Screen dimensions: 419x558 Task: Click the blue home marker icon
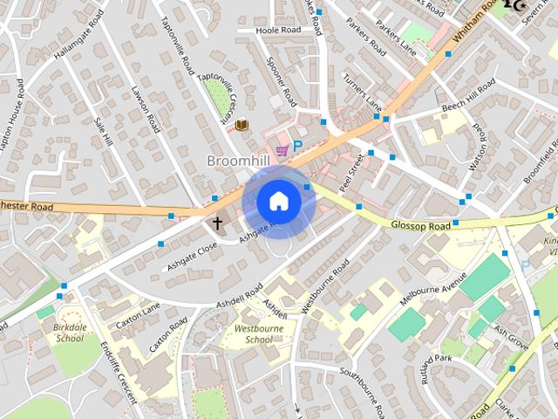[x=278, y=202]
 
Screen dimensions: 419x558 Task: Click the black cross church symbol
[x=217, y=223]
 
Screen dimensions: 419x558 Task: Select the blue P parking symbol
[x=296, y=147]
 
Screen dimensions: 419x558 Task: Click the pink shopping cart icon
[x=281, y=151]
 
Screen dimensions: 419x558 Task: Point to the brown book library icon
[x=242, y=125]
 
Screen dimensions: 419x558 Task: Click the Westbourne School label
[x=247, y=334]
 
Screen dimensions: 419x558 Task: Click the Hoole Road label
[x=277, y=31]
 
